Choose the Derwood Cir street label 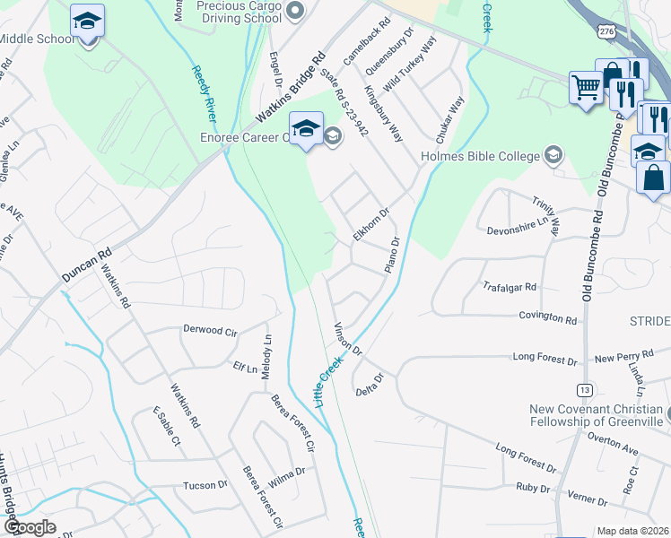(209, 331)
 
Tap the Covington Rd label (546, 318)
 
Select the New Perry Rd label (618, 358)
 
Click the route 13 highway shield (585, 389)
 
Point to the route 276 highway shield (607, 31)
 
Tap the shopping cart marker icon (586, 88)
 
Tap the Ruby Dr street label (532, 488)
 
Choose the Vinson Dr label (346, 337)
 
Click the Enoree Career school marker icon (306, 127)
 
